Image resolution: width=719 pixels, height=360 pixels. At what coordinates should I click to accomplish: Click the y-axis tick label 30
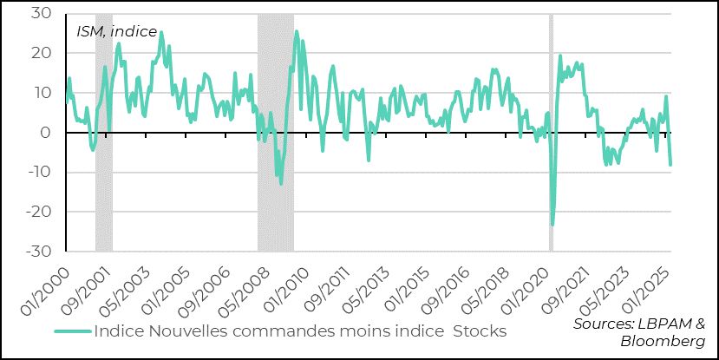[41, 14]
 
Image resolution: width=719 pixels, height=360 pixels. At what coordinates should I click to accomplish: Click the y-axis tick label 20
[41, 54]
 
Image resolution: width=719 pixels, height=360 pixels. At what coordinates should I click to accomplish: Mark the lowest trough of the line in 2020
[552, 225]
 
